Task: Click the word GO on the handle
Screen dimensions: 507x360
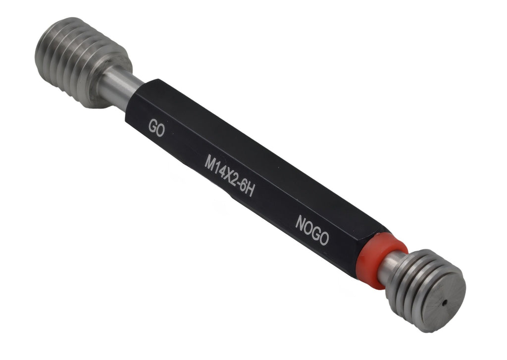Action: coord(156,128)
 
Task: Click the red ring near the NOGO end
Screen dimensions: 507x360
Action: coord(382,260)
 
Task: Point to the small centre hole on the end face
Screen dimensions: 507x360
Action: coord(445,303)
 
